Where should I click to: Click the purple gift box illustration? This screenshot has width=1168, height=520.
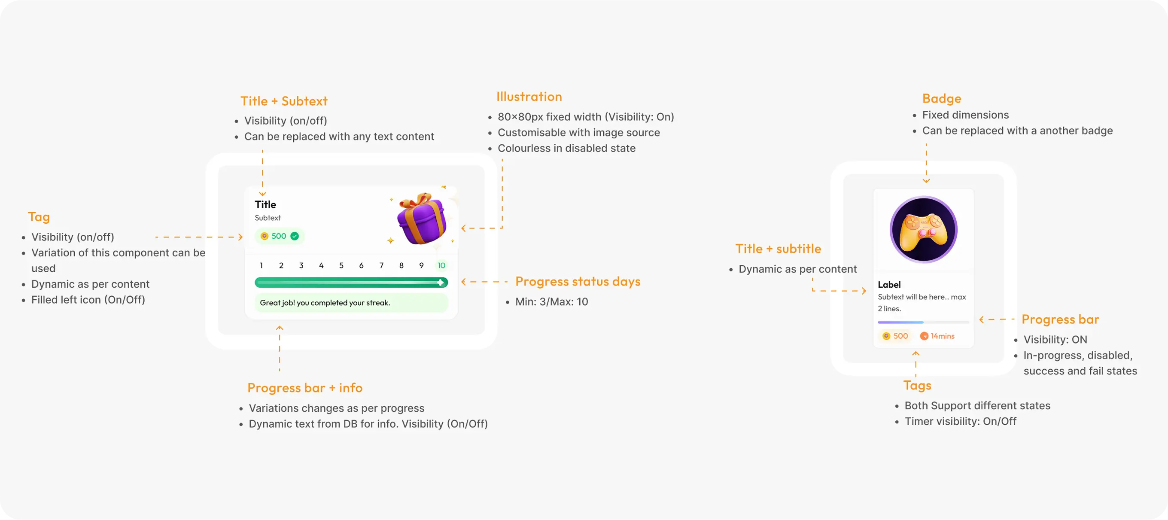click(422, 219)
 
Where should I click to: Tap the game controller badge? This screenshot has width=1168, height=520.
click(923, 229)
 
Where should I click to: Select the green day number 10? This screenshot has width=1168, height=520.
click(441, 266)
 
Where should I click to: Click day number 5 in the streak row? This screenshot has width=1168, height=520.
click(341, 266)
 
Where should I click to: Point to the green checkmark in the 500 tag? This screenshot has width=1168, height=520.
click(295, 236)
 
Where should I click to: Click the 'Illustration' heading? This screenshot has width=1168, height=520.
click(529, 97)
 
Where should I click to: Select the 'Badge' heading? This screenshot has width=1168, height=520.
click(941, 98)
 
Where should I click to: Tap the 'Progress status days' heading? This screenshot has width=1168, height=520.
click(578, 282)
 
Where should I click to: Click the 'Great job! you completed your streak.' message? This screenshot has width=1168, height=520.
click(325, 303)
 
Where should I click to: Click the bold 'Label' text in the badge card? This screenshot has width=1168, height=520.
click(889, 285)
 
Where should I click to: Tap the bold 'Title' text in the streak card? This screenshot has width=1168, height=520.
click(265, 204)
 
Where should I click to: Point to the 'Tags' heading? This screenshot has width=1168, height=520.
click(917, 385)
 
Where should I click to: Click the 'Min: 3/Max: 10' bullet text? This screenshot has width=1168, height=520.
click(551, 302)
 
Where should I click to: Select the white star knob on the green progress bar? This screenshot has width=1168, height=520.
click(440, 283)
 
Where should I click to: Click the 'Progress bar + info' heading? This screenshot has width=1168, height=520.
click(305, 388)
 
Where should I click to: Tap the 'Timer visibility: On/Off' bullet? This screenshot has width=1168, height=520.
click(960, 422)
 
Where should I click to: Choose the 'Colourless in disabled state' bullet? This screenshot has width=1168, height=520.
click(566, 148)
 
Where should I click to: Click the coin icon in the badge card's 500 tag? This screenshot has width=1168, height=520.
click(886, 336)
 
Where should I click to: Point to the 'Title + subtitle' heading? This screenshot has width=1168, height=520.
click(778, 249)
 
